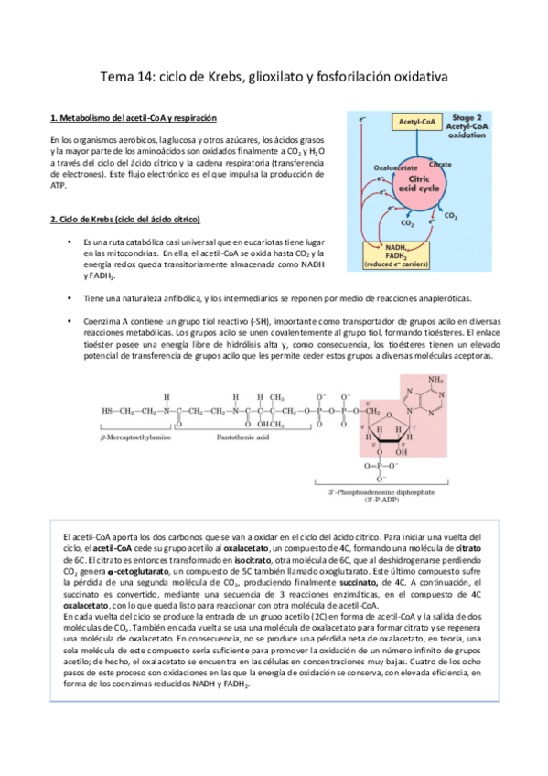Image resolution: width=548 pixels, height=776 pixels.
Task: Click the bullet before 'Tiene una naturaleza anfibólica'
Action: [x=70, y=298]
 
